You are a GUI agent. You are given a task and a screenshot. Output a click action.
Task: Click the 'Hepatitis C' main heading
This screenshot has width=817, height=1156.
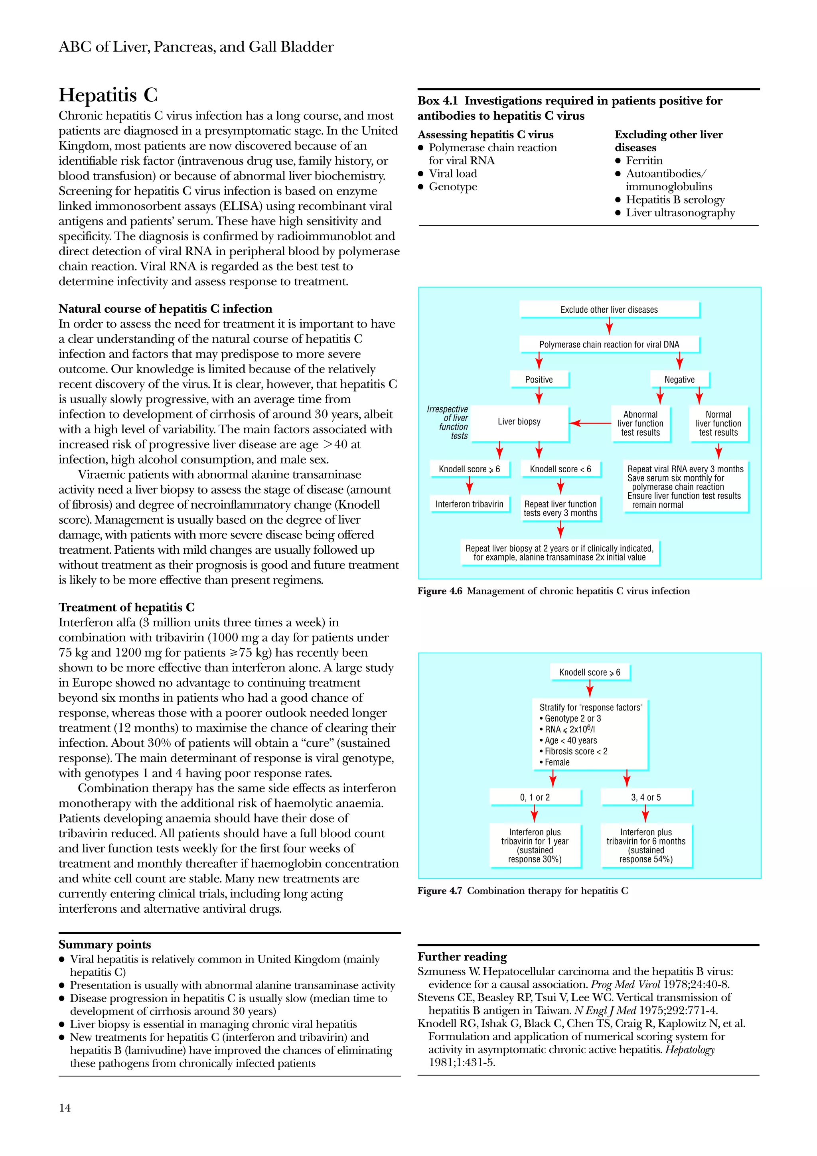pos(108,95)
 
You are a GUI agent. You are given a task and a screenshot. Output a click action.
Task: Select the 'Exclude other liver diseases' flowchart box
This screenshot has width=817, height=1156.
pos(609,309)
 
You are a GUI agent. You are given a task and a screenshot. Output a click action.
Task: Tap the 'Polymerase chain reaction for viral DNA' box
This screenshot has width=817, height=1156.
pos(609,344)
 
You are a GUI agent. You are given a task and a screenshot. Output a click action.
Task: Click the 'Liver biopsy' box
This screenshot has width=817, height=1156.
pos(519,422)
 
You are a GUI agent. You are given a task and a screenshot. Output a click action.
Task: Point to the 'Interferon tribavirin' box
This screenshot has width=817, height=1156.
pos(469,504)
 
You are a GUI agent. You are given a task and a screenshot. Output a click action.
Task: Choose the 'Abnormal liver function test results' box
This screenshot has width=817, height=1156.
pos(640,424)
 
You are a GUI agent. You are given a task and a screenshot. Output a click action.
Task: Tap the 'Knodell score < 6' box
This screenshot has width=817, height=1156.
pos(560,469)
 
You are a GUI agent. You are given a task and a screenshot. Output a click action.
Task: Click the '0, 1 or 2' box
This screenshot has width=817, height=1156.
pos(535,797)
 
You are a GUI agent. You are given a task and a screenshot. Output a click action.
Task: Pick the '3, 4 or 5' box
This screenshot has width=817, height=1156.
pos(646,797)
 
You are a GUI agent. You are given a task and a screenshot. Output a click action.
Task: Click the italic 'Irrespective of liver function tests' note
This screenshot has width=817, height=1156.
pos(448,422)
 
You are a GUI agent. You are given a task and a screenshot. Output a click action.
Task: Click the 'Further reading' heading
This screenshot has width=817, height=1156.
pos(462,957)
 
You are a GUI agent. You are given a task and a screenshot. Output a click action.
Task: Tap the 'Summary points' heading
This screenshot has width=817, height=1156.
pos(105,945)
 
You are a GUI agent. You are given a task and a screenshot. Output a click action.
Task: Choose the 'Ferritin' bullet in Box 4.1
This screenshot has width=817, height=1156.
pos(644,161)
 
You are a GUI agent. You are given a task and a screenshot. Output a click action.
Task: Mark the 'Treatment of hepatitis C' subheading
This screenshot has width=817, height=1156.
pos(126,607)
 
